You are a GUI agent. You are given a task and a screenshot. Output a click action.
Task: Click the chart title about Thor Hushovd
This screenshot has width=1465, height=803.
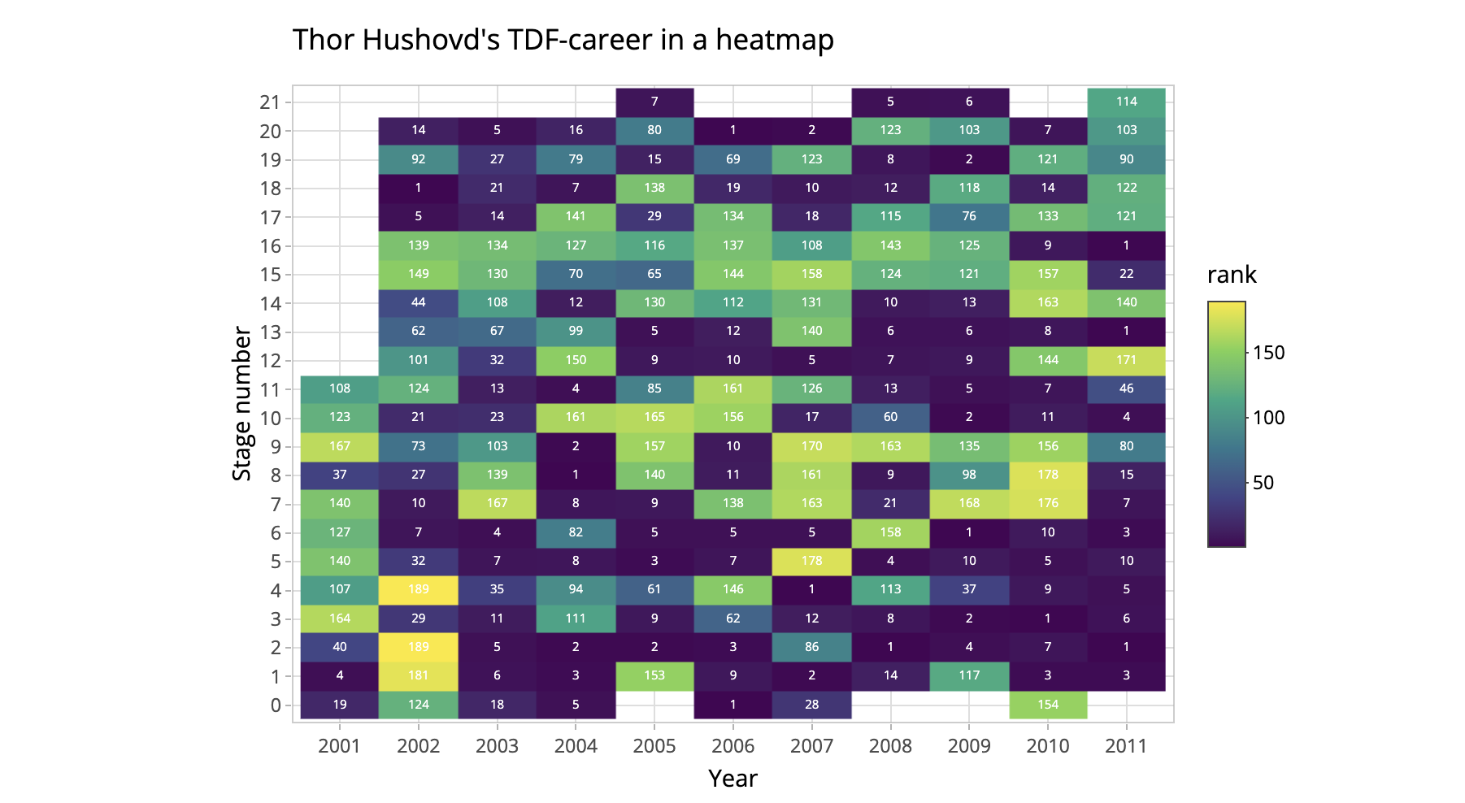click(x=563, y=40)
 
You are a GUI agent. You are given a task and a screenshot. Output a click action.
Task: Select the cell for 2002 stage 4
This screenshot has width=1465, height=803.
click(x=419, y=589)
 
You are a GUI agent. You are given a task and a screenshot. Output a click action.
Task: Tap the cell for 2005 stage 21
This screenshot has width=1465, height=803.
click(x=654, y=102)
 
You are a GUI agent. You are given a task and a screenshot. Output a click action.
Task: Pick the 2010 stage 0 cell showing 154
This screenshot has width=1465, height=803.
click(x=1048, y=705)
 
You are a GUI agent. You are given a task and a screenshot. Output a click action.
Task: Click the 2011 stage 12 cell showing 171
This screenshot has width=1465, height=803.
click(x=1126, y=360)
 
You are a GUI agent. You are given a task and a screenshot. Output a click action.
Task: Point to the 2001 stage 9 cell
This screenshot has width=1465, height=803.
click(x=340, y=446)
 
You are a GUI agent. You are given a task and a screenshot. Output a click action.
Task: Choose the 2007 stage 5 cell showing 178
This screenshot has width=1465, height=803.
click(x=811, y=561)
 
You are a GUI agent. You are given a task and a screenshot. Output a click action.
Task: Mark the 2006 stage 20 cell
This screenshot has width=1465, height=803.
click(x=732, y=130)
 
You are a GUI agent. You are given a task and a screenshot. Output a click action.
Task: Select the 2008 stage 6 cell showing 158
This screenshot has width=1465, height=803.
click(x=890, y=532)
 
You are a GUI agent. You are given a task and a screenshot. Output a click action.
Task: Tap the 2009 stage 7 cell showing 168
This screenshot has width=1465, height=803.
click(x=969, y=503)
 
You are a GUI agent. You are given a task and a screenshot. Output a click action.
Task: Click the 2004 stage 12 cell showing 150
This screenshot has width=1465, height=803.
click(x=576, y=360)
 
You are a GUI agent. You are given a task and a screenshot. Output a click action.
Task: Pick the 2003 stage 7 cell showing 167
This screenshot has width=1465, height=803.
click(x=497, y=503)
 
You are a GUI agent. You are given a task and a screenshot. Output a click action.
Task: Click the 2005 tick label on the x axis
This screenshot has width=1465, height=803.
click(x=654, y=746)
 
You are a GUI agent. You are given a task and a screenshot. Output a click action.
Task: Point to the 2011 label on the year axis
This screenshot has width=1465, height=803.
click(x=1126, y=746)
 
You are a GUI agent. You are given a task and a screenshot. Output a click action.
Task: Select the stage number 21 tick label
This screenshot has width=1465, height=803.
click(x=270, y=102)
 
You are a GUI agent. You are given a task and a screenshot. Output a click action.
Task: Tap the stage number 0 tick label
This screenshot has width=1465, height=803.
click(x=276, y=705)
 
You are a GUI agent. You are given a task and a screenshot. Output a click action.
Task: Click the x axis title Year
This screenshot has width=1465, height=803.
click(x=732, y=779)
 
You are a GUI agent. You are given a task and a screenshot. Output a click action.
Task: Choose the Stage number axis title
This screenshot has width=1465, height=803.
click(x=242, y=403)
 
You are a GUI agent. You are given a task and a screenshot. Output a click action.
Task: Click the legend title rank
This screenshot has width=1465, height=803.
click(x=1232, y=276)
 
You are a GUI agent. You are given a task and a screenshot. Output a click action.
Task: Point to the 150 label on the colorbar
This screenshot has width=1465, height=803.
click(x=1268, y=353)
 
